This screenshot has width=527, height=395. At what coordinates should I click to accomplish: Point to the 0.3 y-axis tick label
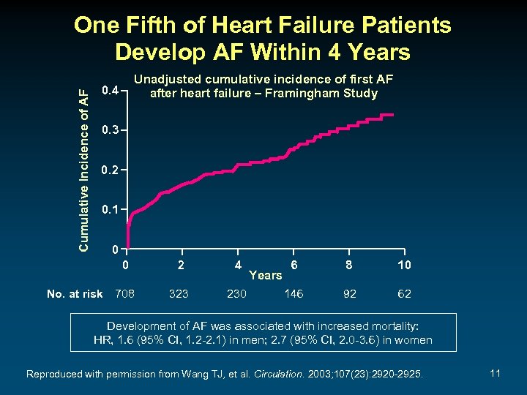click(x=108, y=131)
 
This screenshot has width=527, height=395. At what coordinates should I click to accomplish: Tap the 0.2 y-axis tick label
click(x=108, y=170)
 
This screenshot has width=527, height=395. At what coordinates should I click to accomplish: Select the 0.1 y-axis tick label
click(x=108, y=210)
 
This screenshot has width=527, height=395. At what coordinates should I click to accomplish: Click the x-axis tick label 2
click(x=180, y=265)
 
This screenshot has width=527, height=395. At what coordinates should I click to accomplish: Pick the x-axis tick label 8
click(x=350, y=265)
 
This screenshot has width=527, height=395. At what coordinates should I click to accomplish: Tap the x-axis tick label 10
click(x=404, y=265)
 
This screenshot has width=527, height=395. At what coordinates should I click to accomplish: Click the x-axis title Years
click(x=265, y=276)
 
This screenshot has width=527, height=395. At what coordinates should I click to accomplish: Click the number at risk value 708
click(x=125, y=294)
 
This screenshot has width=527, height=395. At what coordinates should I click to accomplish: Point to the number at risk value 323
click(x=179, y=294)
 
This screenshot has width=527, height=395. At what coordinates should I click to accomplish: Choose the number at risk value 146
click(x=294, y=294)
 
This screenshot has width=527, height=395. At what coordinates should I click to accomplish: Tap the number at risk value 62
click(x=404, y=294)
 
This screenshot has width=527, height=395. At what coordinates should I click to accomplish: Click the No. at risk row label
click(x=75, y=294)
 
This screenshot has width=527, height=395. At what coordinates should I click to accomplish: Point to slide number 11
click(x=495, y=374)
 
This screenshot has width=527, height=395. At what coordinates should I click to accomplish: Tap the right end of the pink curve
click(x=394, y=115)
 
